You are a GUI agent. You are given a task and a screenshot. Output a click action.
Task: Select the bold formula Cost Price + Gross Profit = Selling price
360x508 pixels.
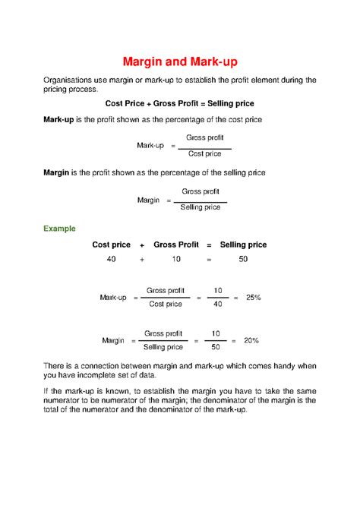click(x=179, y=103)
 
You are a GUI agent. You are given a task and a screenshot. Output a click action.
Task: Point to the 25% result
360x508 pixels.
click(x=253, y=298)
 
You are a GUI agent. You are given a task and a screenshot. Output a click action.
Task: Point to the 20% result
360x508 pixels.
click(x=251, y=341)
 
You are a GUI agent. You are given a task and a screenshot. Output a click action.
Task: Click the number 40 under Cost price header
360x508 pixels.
click(x=111, y=260)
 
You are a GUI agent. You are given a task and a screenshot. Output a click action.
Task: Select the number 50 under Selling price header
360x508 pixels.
click(x=243, y=260)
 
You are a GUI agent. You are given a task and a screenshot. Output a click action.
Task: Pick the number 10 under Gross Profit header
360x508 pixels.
click(x=176, y=260)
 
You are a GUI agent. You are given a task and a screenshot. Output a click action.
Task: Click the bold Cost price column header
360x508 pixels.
click(x=111, y=245)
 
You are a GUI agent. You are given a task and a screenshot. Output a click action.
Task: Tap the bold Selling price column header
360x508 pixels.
click(x=243, y=245)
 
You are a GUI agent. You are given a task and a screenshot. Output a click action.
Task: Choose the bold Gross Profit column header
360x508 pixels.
click(x=176, y=245)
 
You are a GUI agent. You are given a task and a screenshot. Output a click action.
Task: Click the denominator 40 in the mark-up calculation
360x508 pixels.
click(x=218, y=304)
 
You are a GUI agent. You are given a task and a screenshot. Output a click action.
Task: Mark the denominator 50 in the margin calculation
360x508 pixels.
click(x=216, y=348)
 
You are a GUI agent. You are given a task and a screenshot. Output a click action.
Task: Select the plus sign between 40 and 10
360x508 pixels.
click(x=141, y=260)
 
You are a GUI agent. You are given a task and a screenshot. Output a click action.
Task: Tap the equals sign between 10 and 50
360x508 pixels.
click(x=208, y=260)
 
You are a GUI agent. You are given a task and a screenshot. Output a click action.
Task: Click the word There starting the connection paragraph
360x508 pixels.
click(x=54, y=366)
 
